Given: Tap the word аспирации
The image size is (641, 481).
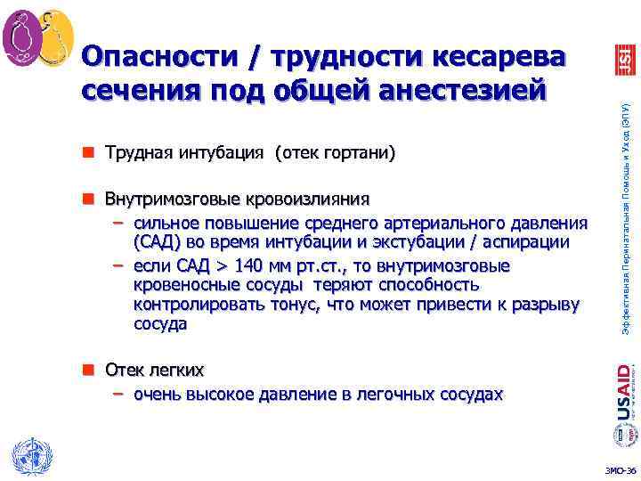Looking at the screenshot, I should tap(531, 242).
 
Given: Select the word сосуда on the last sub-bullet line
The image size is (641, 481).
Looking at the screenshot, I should tap(160, 324).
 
